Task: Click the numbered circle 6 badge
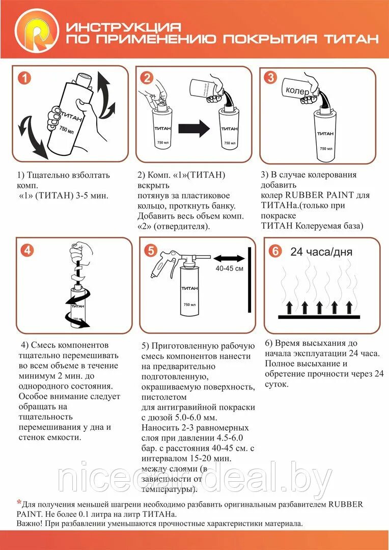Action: [x=274, y=251]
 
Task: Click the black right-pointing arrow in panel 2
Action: [x=193, y=129]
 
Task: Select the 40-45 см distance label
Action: [x=229, y=268]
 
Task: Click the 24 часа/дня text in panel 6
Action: [x=321, y=252]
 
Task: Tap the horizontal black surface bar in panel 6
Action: [x=319, y=317]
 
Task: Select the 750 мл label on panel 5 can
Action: [x=189, y=305]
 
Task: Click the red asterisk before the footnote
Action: [x=19, y=504]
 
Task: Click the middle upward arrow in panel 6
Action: [x=319, y=307]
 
